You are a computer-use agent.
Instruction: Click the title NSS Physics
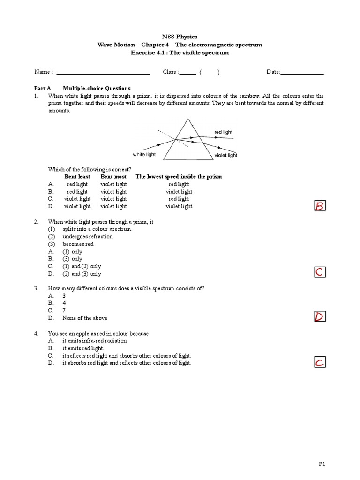point(180,37)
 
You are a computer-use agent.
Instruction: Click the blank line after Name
point(102,73)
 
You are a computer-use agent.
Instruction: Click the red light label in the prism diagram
point(223,132)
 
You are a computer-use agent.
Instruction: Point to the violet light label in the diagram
point(225,155)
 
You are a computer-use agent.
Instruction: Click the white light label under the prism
point(144,154)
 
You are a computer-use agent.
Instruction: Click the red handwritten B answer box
point(320,206)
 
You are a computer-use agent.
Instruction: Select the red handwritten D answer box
point(320,317)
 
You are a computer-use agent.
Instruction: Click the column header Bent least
point(77,177)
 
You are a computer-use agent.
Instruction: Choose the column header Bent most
point(113,177)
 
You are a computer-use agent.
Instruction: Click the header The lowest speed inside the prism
point(179,177)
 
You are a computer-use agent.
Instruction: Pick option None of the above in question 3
point(85,318)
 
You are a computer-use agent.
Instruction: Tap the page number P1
point(322,464)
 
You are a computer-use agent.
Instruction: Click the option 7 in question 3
point(64,311)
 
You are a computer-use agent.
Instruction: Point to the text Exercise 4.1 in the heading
point(147,53)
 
